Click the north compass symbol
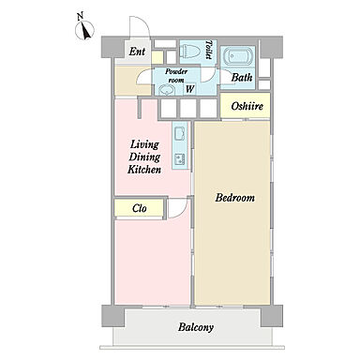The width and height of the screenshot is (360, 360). pyautogui.click(x=84, y=31)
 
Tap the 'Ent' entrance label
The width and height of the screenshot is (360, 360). pyautogui.click(x=137, y=52)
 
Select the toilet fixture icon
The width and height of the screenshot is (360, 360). pyautogui.click(x=190, y=51)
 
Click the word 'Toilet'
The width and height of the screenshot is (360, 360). pyautogui.click(x=209, y=50)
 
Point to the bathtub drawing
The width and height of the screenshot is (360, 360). pyautogui.click(x=238, y=57)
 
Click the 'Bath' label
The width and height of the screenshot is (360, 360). pyautogui.click(x=242, y=77)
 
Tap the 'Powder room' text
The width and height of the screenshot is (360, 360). pyautogui.click(x=176, y=76)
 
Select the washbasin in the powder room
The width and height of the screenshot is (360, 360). pyautogui.click(x=166, y=90)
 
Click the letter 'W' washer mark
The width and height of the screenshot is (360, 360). pyautogui.click(x=189, y=89)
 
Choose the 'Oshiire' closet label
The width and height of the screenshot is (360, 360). pyautogui.click(x=247, y=106)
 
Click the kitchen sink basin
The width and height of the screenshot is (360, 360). pyautogui.click(x=180, y=133)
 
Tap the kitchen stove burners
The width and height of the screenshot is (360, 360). pyautogui.click(x=180, y=158)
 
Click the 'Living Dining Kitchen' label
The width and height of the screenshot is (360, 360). pyautogui.click(x=144, y=157)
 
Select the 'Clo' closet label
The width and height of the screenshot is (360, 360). pyautogui.click(x=139, y=208)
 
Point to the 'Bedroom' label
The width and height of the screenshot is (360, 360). pyautogui.click(x=234, y=198)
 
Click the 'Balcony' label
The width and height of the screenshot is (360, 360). pyautogui.click(x=196, y=327)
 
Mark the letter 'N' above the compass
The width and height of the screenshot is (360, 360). pyautogui.click(x=81, y=16)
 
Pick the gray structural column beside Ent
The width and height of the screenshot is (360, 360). pyautogui.click(x=113, y=47)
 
